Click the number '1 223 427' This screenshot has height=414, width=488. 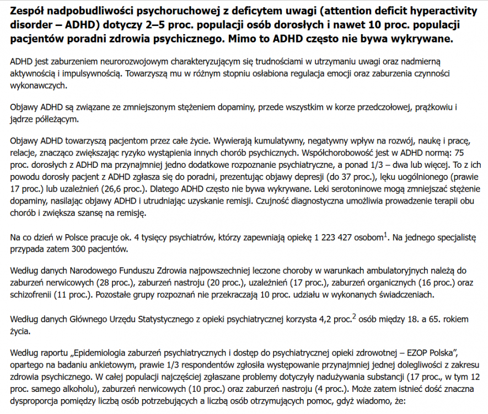click(x=334, y=238)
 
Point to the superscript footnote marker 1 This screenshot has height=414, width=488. click(x=384, y=235)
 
